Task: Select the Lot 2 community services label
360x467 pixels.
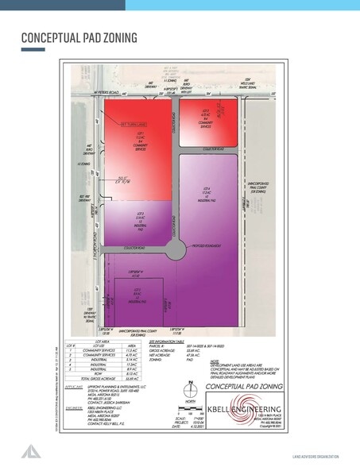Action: tap(207, 115)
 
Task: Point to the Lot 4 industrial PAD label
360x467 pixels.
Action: tap(206, 194)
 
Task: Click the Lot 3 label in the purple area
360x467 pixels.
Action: tap(139, 223)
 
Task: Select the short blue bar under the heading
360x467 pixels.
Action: tap(32, 50)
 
